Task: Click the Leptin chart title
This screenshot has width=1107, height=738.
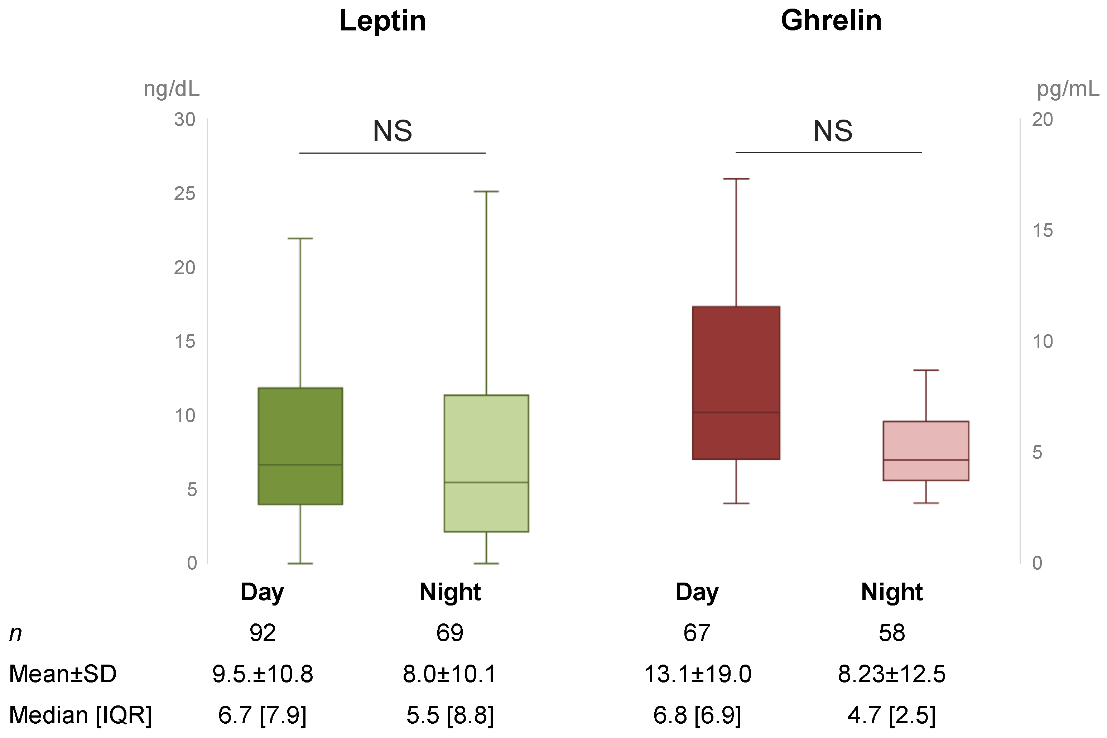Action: pos(382,21)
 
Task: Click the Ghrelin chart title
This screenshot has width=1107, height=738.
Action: pos(831,21)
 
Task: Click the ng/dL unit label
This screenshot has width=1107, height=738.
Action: pos(171,89)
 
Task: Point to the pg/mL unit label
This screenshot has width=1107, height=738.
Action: pos(1068,89)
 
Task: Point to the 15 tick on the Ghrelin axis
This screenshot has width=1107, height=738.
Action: pos(1043,231)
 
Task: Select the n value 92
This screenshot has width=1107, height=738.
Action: pos(262,633)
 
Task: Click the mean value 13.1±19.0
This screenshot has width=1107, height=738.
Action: pos(697,674)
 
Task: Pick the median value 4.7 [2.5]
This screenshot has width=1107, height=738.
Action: pos(891,715)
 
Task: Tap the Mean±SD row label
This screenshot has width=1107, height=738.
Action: pos(63,674)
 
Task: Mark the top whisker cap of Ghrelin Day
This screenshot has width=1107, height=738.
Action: pos(736,179)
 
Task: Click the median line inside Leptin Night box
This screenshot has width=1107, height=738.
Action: pos(486,482)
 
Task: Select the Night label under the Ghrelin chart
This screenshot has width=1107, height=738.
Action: pos(891,592)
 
